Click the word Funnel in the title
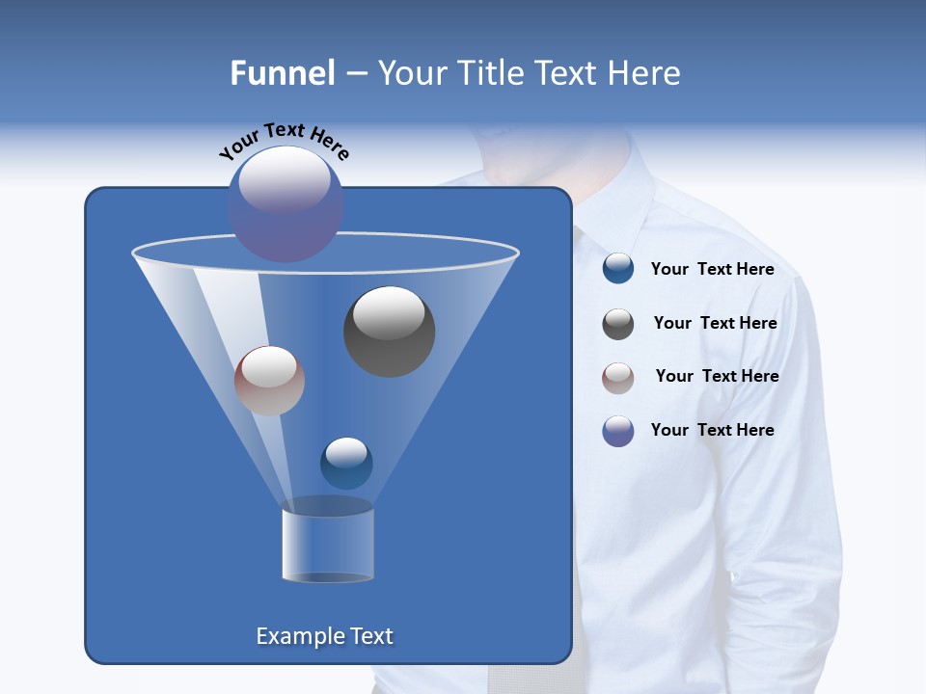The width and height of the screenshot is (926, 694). (282, 73)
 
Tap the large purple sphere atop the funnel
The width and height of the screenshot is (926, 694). (286, 204)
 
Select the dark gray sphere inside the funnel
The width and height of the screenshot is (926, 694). (389, 332)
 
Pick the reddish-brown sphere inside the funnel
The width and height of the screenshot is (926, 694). (269, 381)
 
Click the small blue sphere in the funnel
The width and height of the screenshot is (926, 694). (346, 464)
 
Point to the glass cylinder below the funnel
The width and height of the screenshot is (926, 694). (327, 545)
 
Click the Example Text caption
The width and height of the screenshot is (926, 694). (324, 636)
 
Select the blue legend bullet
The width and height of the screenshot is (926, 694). (618, 269)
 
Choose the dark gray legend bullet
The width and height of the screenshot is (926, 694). (618, 324)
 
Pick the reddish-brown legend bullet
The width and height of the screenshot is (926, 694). (618, 377)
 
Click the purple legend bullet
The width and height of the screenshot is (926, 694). (618, 431)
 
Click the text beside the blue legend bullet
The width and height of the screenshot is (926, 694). (712, 269)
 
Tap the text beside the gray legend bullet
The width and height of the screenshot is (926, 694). (715, 323)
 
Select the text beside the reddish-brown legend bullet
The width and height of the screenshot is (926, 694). (717, 376)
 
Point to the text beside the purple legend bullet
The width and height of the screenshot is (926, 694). (712, 430)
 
